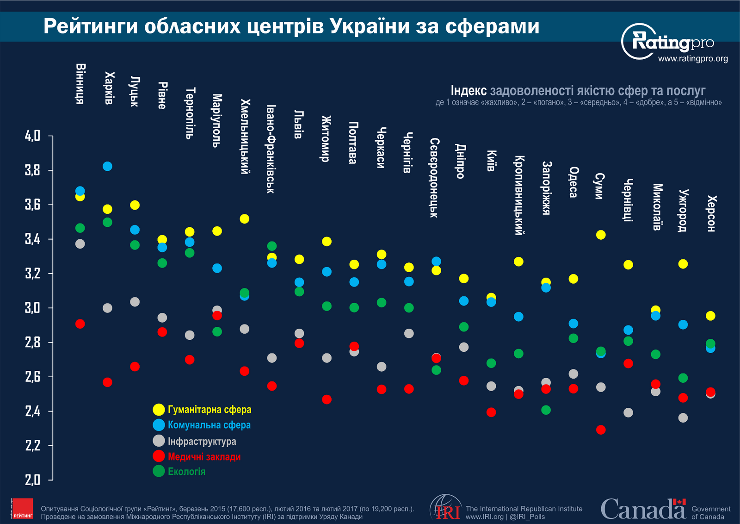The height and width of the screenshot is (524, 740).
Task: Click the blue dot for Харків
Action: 107,166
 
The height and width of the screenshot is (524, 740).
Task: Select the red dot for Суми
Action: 601,430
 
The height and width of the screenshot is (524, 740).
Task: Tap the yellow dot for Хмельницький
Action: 245,218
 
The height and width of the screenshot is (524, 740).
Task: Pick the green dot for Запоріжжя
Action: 546,410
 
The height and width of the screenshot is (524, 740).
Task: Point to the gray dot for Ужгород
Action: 683,418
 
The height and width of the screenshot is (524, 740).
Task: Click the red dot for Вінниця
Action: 80,324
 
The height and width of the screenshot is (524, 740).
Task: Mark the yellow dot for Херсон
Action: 710,316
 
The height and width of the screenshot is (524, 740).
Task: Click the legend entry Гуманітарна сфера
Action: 209,410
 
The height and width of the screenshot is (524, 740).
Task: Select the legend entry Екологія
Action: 186,471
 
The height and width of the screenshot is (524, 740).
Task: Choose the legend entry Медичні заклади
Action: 204,456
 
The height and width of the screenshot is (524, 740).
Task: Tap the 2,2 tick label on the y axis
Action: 32,446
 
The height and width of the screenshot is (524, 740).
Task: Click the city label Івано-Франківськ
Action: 271,149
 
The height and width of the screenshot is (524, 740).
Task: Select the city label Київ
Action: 491,161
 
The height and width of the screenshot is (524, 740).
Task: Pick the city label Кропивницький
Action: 518,195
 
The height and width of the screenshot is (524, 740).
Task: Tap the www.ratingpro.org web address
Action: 693,59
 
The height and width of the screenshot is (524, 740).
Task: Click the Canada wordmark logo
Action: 643,509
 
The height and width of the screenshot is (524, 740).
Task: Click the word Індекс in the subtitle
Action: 469,90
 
